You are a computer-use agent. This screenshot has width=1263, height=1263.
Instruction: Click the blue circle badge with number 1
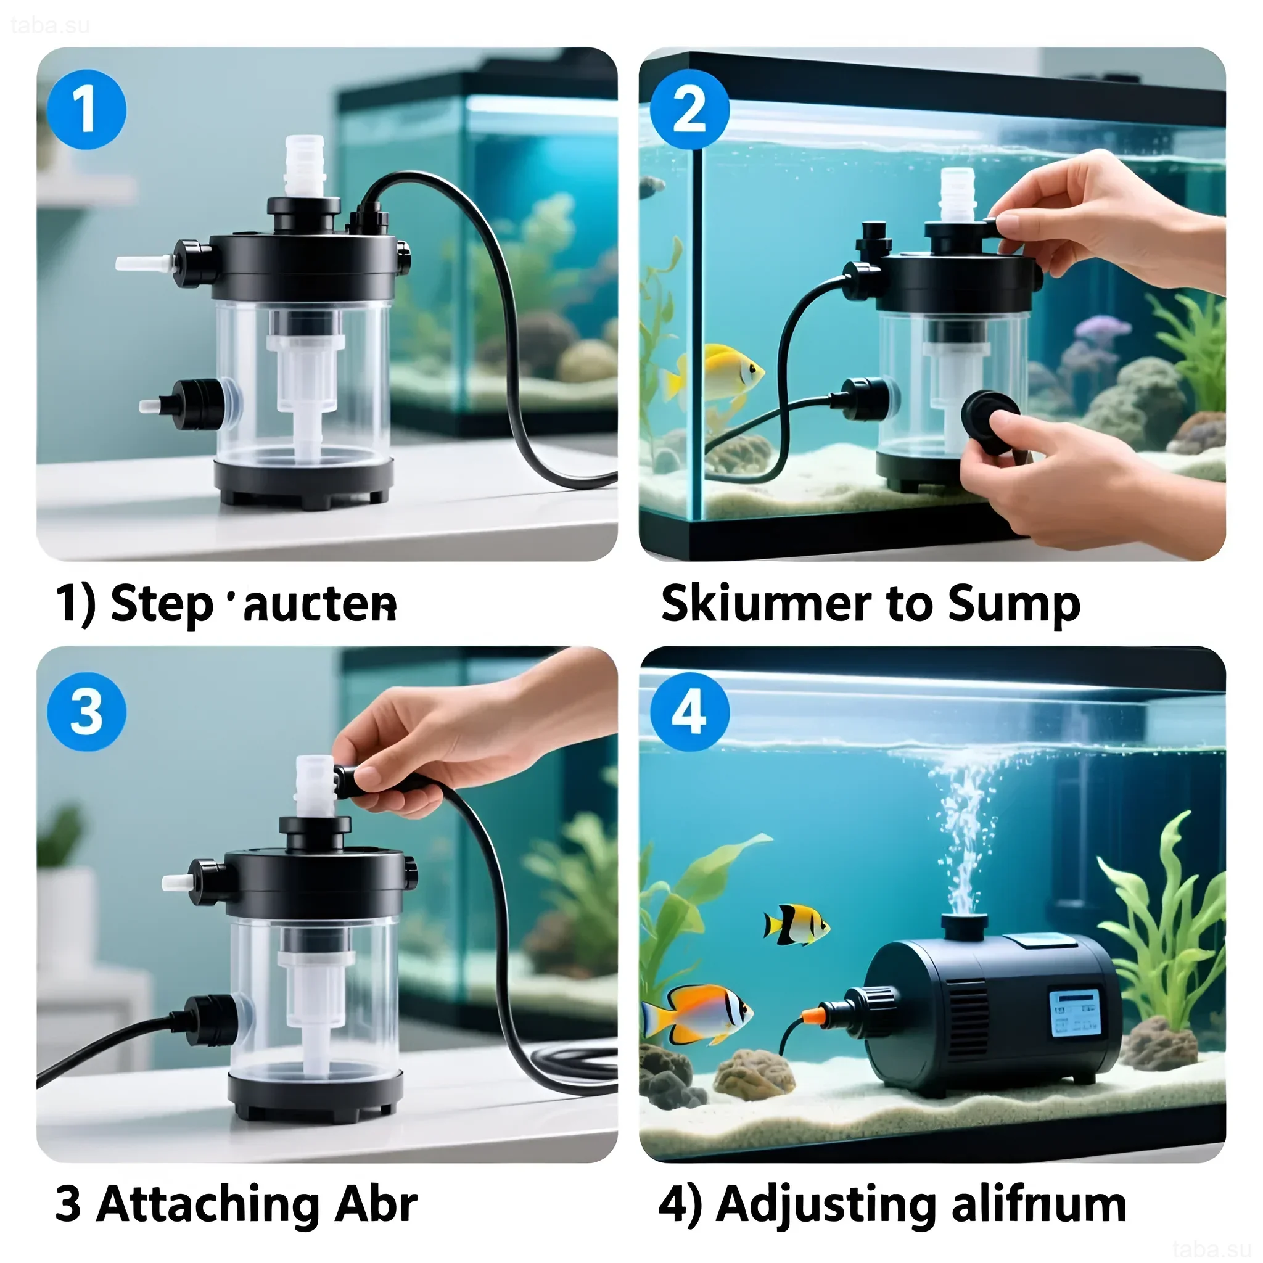[x=86, y=109]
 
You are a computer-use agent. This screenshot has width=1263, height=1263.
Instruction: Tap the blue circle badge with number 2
[x=689, y=109]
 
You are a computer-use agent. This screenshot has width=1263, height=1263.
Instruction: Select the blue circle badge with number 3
[x=86, y=712]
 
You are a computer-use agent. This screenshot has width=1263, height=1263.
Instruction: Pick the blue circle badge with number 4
[x=689, y=712]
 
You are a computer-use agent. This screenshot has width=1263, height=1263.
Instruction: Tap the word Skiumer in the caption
[x=765, y=603]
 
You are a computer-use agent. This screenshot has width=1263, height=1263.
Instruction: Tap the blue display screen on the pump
[x=1075, y=1013]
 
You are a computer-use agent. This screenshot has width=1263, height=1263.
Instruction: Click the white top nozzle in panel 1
[x=305, y=165]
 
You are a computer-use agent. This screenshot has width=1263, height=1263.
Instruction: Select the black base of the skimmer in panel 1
[x=304, y=480]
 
